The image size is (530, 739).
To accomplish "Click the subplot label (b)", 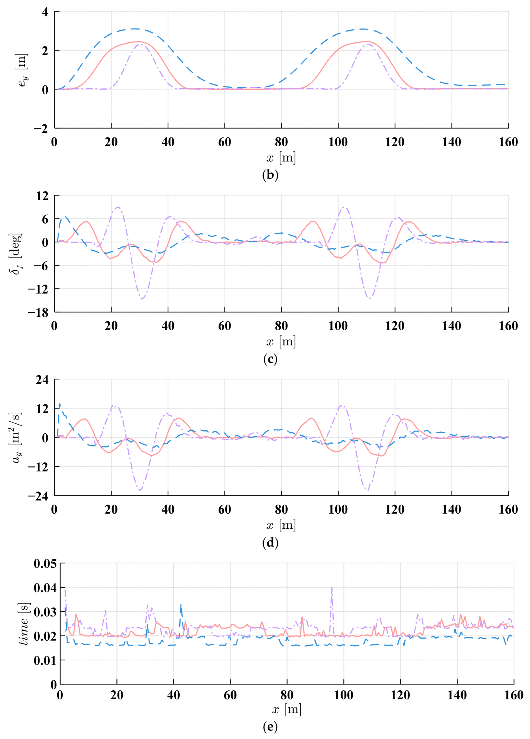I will click(270, 175).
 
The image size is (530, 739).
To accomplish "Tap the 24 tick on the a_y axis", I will click(42, 380).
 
